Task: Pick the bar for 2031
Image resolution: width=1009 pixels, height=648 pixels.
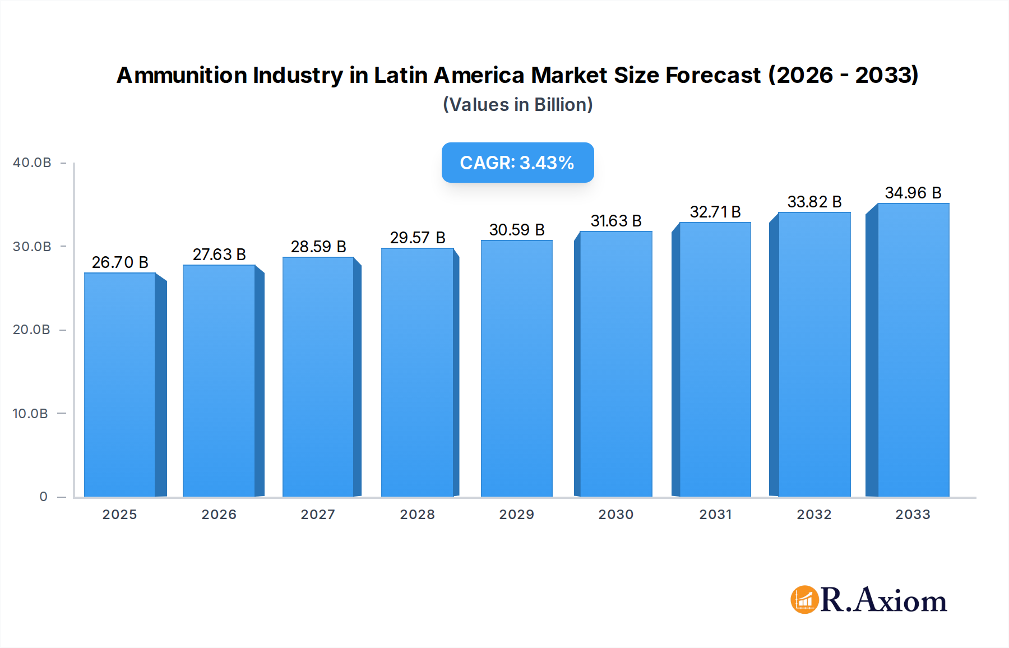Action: tap(715, 359)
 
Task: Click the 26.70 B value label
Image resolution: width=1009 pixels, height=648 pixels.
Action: tap(120, 262)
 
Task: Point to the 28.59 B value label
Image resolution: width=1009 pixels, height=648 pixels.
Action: tap(318, 247)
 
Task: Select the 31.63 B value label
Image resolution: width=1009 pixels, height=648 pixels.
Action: tap(615, 221)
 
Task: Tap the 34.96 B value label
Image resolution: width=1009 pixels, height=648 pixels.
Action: tap(913, 193)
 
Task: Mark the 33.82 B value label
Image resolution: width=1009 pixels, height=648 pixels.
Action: tap(814, 202)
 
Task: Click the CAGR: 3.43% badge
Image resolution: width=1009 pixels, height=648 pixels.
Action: tap(517, 163)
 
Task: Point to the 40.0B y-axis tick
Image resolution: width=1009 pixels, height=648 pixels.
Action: tap(32, 163)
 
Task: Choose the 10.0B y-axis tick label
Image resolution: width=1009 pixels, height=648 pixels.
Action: tap(30, 414)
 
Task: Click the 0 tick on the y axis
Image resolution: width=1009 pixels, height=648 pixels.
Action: tap(43, 497)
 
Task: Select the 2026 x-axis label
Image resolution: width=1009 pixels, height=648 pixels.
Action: tap(219, 515)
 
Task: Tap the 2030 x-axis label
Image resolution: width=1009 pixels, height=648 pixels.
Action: tap(615, 515)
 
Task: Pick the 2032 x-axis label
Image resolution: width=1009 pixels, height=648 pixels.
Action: tap(814, 515)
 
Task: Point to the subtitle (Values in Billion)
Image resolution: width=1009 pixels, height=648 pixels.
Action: tap(517, 105)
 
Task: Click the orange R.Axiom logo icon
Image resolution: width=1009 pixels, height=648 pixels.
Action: tap(804, 600)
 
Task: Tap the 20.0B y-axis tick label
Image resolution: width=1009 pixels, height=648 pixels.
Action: tap(31, 330)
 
